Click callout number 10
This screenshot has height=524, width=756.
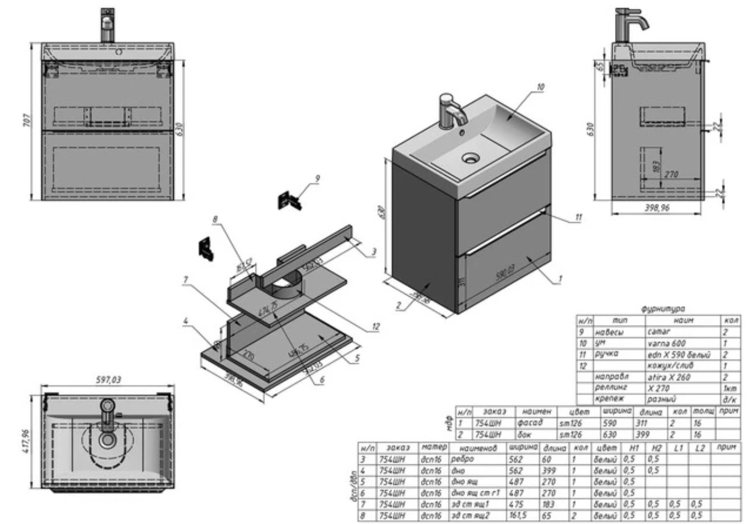click(x=540, y=87)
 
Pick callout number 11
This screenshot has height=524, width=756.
click(x=578, y=217)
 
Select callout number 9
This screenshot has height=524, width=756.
click(x=317, y=179)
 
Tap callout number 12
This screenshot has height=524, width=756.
click(x=376, y=327)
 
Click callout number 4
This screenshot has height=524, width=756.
click(x=186, y=321)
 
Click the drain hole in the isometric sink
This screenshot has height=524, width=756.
click(x=471, y=158)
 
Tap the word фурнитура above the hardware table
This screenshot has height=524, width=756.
click(x=663, y=309)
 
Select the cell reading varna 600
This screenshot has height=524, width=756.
click(x=666, y=343)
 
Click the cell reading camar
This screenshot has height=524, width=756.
click(x=659, y=332)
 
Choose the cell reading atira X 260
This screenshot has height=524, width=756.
click(x=669, y=377)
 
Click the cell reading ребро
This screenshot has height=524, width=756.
click(x=462, y=459)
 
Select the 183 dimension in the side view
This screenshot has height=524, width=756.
click(x=656, y=166)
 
